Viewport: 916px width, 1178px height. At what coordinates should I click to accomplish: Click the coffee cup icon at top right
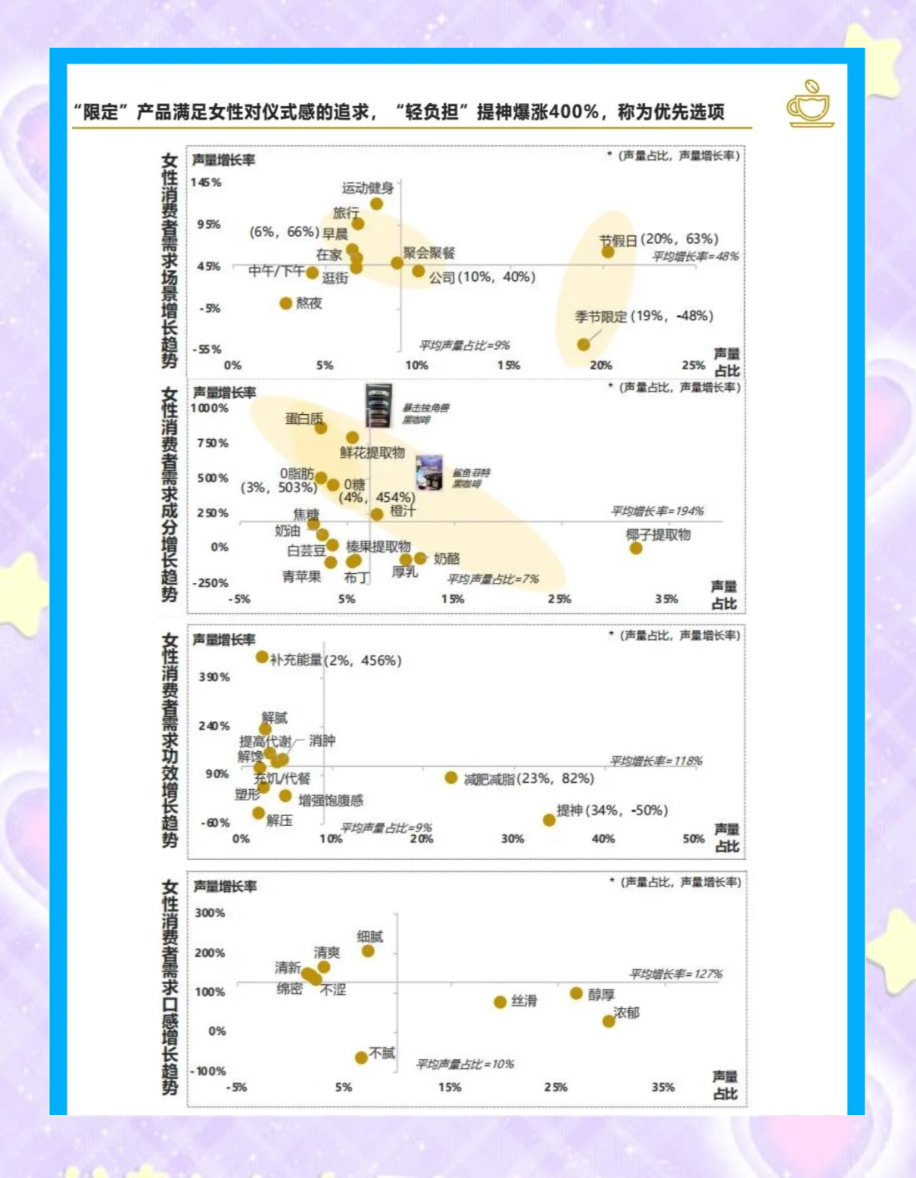(x=810, y=104)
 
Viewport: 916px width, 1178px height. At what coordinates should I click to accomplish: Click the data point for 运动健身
(x=376, y=204)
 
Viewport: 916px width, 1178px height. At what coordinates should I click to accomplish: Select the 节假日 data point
(x=608, y=251)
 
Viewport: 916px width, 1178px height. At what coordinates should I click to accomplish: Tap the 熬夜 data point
(x=285, y=304)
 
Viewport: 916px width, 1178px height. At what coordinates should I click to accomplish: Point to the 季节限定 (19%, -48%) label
(x=643, y=316)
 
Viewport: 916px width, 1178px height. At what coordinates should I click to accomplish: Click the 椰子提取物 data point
(x=636, y=548)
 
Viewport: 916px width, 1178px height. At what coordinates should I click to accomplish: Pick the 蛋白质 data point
(x=321, y=429)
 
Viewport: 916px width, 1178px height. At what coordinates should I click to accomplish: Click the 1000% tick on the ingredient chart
(x=209, y=409)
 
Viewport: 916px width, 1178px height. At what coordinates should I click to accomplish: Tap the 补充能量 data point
(x=262, y=657)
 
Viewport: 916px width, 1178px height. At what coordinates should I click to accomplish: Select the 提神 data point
(x=549, y=820)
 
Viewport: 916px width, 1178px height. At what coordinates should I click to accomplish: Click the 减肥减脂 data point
(x=451, y=778)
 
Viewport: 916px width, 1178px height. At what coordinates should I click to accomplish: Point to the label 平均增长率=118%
(x=656, y=761)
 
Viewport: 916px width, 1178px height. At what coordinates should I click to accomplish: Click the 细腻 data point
(x=368, y=951)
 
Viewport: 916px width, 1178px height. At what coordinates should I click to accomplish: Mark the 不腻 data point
(x=362, y=1058)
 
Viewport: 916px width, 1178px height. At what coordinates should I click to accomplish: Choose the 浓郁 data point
(x=608, y=1021)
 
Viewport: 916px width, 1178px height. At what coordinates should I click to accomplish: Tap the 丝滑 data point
(x=500, y=1002)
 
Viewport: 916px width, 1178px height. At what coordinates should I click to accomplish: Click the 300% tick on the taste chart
(x=210, y=913)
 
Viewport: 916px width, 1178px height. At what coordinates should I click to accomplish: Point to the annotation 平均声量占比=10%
(x=465, y=1064)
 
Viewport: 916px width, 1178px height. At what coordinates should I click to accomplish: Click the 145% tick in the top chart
(x=206, y=182)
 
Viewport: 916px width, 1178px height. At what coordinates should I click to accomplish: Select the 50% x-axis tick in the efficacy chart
(x=693, y=839)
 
